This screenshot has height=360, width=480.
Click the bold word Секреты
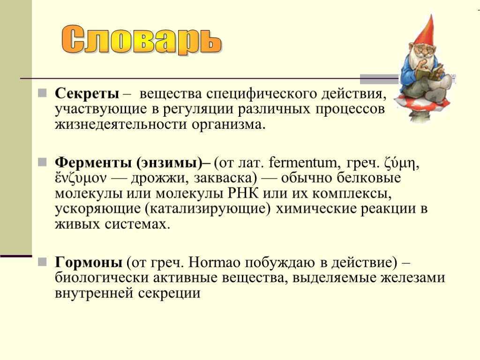tap(87, 93)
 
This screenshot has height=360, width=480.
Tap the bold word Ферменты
tap(93, 163)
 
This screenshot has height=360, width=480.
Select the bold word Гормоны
tap(89, 262)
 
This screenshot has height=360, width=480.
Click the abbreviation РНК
tap(243, 193)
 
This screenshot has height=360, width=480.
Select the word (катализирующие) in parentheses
tap(208, 209)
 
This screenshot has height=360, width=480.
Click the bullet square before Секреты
tap(42, 93)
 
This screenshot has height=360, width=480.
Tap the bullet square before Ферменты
tap(42, 162)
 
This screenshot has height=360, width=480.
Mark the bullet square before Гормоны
tap(42, 262)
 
